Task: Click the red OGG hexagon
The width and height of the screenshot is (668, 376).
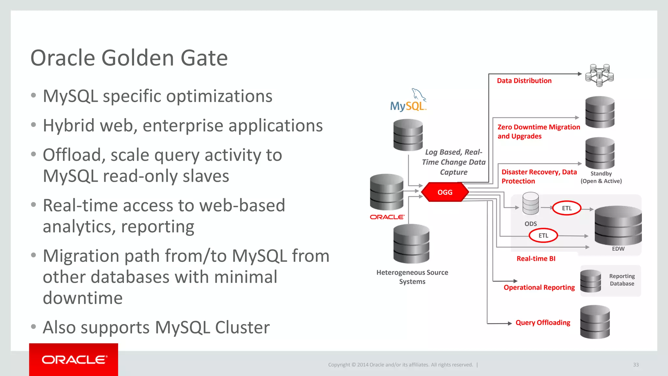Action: tap(445, 192)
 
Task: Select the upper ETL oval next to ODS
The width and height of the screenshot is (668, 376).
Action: tap(567, 208)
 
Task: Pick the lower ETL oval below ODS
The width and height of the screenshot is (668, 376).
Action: tap(543, 235)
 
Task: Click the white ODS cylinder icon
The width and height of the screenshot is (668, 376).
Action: tap(531, 203)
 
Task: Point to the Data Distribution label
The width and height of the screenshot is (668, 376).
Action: tap(524, 81)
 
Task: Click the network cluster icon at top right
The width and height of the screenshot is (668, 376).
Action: tap(600, 75)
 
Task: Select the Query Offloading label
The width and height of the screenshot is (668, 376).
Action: tap(543, 322)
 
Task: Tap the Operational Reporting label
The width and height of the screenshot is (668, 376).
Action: tap(539, 287)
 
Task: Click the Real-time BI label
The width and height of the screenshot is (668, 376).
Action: tap(536, 258)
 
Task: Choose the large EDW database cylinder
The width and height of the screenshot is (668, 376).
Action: tap(618, 225)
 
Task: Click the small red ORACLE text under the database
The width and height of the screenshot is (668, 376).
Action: tap(387, 217)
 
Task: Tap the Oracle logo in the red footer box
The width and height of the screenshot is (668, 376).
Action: tap(74, 360)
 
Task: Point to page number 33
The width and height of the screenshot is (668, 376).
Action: tap(636, 365)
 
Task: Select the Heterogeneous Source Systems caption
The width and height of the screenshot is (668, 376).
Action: tap(412, 277)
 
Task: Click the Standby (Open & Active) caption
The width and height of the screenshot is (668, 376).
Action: tap(601, 177)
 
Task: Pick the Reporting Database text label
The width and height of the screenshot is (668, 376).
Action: tap(622, 280)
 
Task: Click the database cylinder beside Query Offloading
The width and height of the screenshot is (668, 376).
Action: tap(595, 322)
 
